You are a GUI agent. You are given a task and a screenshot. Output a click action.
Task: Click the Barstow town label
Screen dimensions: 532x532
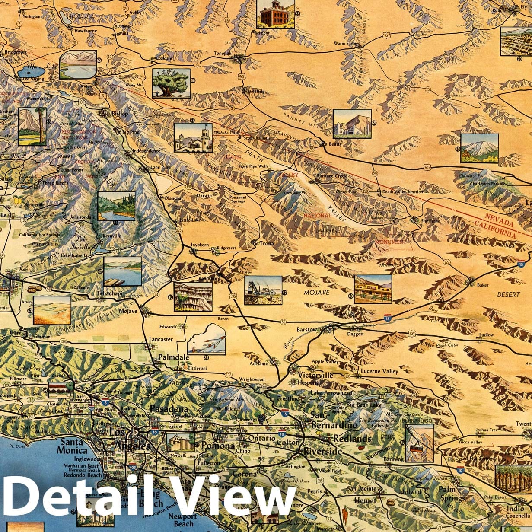click(x=306, y=329)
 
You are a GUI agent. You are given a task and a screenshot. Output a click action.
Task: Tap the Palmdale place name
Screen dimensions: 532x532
click(x=174, y=357)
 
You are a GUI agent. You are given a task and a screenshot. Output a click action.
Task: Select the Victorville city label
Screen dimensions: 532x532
click(x=318, y=375)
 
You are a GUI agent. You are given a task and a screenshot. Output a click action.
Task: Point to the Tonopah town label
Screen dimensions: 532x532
click(x=223, y=54)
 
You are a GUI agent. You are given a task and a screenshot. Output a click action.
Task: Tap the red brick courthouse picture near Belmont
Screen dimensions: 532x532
click(x=275, y=13)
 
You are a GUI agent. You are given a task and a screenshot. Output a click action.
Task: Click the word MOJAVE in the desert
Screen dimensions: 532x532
click(x=316, y=293)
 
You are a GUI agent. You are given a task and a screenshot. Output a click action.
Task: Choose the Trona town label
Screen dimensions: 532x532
click(x=267, y=243)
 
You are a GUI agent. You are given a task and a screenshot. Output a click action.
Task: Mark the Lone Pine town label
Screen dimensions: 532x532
click(x=160, y=167)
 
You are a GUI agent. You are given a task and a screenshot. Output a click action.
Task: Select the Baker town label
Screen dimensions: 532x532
click(x=483, y=285)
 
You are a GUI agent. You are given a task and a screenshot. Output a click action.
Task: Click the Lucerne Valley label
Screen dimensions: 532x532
click(x=379, y=371)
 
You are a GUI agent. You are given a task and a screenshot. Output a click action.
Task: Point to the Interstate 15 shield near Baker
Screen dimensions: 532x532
click(x=522, y=264)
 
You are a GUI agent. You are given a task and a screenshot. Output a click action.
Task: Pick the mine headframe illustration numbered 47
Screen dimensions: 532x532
click(x=263, y=290)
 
